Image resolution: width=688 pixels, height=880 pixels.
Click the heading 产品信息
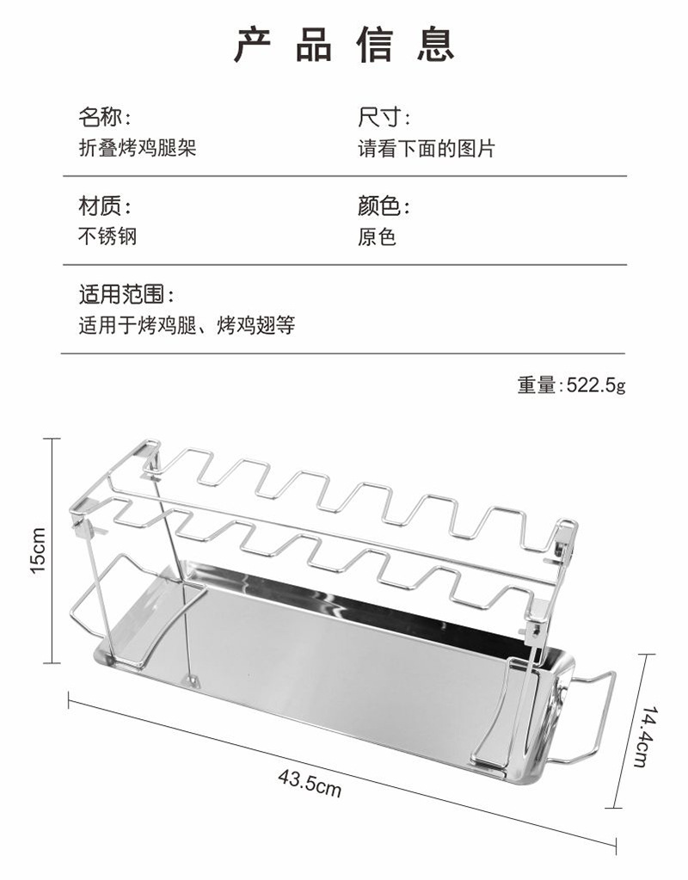click(343, 46)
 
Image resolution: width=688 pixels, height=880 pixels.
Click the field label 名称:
click(105, 118)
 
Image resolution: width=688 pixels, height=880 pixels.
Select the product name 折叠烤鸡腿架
click(138, 148)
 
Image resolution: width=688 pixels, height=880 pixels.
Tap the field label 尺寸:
click(384, 118)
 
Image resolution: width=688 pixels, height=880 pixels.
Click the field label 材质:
click(105, 206)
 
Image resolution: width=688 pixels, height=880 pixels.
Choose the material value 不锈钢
click(107, 237)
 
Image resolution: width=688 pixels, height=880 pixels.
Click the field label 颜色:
click(384, 206)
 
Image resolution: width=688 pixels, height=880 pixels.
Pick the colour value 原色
click(377, 237)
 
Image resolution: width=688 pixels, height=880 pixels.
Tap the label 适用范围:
click(126, 296)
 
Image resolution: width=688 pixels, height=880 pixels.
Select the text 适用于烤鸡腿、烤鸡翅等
click(187, 326)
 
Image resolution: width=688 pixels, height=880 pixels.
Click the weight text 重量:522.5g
click(571, 385)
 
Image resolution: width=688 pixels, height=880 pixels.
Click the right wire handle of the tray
click(593, 718)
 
